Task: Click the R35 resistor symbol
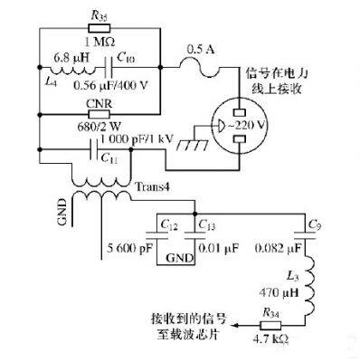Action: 99,28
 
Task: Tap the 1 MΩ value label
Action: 99,42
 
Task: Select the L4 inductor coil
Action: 72,71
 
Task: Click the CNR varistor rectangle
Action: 99,114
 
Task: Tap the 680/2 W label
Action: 99,127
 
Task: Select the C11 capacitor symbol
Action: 94,149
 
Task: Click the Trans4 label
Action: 152,187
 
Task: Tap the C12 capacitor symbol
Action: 156,234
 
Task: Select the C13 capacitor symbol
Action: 194,234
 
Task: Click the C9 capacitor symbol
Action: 305,234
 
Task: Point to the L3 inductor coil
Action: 309,286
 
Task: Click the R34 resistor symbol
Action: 270,325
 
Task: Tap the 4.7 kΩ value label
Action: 270,339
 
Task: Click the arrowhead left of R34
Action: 234,325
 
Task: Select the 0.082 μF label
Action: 278,248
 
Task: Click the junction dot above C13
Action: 194,214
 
